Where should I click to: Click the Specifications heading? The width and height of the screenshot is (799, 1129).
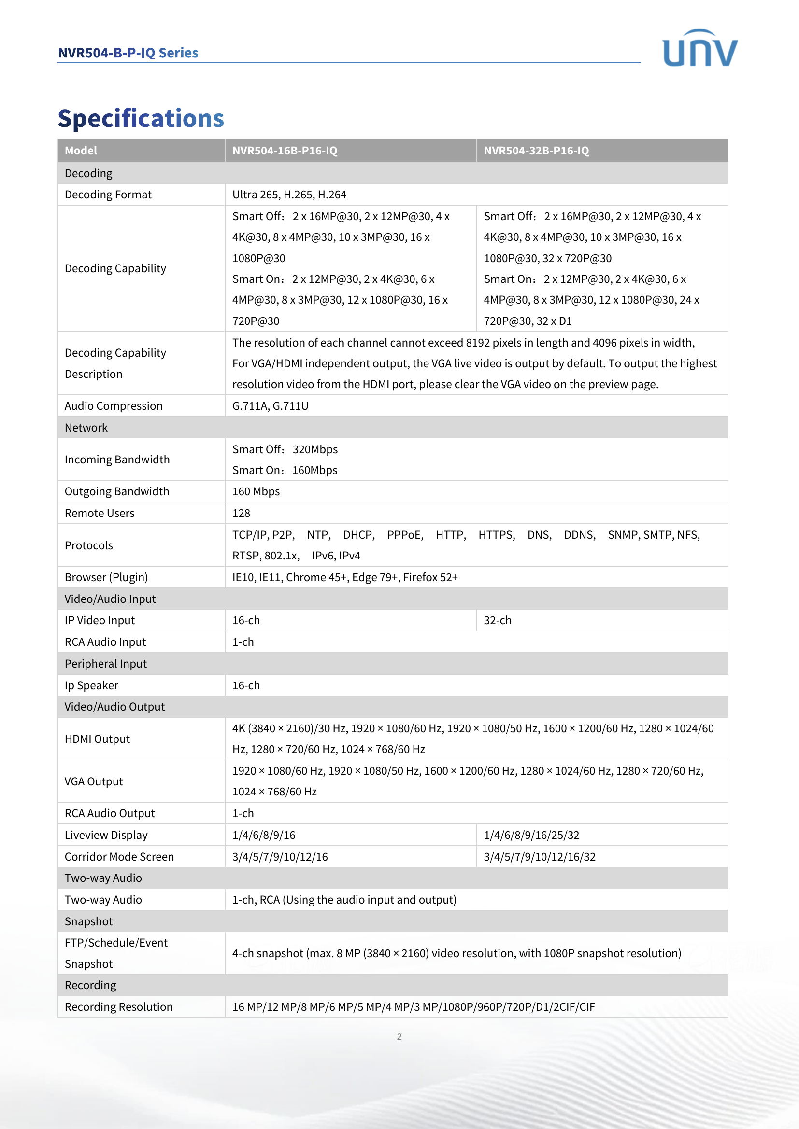pos(141,119)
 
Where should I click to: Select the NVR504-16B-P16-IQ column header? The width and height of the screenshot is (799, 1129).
pos(285,151)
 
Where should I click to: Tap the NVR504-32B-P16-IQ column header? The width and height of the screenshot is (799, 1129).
pos(536,151)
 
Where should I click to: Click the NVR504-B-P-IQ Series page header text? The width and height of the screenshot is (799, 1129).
pos(128,53)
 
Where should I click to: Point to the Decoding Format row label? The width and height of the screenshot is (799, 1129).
pos(108,195)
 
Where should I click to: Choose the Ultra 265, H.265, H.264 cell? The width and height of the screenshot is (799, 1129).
pos(289,195)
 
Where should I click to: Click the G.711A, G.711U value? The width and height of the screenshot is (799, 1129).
pos(270,405)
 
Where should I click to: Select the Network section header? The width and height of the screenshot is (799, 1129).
pos(86,427)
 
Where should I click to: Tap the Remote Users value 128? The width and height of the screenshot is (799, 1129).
pos(241,513)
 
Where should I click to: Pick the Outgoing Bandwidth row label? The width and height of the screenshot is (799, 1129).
pos(116,491)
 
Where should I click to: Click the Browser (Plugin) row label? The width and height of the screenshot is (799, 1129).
pos(106,577)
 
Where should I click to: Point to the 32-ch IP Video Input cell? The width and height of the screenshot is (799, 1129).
pos(498,620)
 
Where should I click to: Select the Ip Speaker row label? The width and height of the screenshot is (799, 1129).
pos(91,685)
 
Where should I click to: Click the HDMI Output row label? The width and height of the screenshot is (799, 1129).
pos(98,739)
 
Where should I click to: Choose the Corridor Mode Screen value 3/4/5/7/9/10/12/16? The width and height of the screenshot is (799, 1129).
pos(280,857)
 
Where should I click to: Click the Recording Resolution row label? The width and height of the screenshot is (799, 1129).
pos(118,1006)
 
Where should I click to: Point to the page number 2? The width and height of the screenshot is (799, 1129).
pos(399,1036)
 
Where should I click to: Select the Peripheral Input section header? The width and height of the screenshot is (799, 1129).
pos(106,663)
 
